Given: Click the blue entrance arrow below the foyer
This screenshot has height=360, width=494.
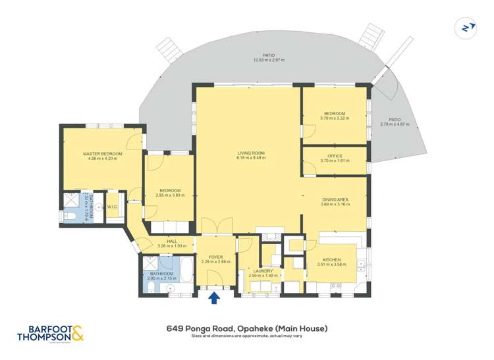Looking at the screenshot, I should click(x=214, y=298).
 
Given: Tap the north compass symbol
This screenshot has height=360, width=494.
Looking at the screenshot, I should click(x=466, y=27).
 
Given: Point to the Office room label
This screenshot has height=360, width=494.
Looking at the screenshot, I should click(x=335, y=156).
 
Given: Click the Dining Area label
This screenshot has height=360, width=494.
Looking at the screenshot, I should click(x=335, y=199).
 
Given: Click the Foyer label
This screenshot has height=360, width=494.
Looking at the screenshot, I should click(x=216, y=257).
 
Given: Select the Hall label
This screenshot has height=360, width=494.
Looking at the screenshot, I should click(x=172, y=242).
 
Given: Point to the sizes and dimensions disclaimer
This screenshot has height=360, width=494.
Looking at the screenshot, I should click(x=247, y=336).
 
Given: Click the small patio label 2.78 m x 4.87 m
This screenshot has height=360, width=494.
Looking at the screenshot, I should click(x=399, y=124).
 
